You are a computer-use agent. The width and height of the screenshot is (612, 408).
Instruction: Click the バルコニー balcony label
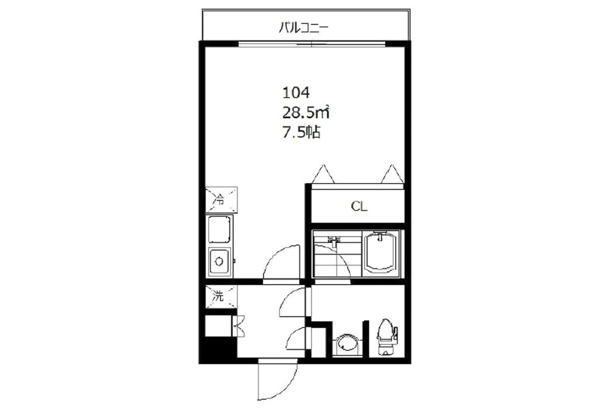click(x=303, y=28)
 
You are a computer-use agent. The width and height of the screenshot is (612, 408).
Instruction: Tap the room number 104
click(x=296, y=93)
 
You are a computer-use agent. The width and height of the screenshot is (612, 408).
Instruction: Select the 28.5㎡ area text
click(x=305, y=112)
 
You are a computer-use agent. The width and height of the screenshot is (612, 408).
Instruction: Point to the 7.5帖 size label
click(x=301, y=132)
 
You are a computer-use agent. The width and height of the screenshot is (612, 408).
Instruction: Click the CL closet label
click(x=359, y=207)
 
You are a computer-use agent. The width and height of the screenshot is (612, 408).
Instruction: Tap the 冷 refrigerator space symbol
click(x=221, y=200)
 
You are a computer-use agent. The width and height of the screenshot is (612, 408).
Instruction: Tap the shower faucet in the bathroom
click(x=335, y=241)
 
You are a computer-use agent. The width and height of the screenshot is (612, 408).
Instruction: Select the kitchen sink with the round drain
click(x=220, y=262)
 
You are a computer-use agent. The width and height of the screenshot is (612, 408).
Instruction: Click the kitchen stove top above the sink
click(x=219, y=228)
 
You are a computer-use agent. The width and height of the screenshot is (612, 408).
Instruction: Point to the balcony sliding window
click(x=312, y=44)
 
